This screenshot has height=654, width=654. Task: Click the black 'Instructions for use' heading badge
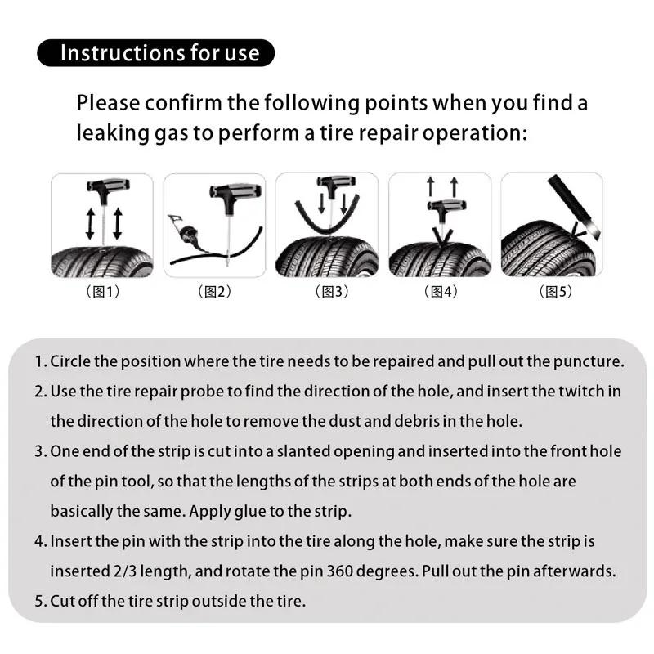click(x=155, y=53)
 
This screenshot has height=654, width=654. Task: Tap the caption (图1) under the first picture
click(x=102, y=292)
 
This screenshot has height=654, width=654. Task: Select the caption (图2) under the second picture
click(x=214, y=292)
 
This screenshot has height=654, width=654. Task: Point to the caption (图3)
click(x=328, y=292)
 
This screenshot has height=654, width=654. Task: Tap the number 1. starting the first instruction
click(x=41, y=361)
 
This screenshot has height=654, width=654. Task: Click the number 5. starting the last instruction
click(x=41, y=602)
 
